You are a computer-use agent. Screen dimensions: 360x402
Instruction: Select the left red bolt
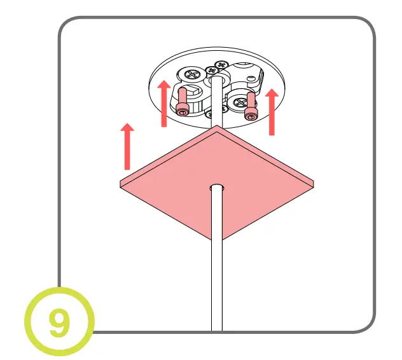pyautogui.click(x=183, y=102)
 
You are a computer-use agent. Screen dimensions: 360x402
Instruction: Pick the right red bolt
pyautogui.click(x=251, y=106)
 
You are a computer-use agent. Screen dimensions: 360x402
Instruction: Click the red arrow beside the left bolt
pyautogui.click(x=164, y=102)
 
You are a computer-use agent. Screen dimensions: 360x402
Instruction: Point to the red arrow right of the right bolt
pyautogui.click(x=272, y=112)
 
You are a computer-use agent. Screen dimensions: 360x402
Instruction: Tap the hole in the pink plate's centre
pyautogui.click(x=217, y=188)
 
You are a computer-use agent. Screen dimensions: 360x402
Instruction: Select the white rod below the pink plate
pyautogui.click(x=217, y=267)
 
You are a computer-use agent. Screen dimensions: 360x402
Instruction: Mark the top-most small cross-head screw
pyautogui.click(x=222, y=64)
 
